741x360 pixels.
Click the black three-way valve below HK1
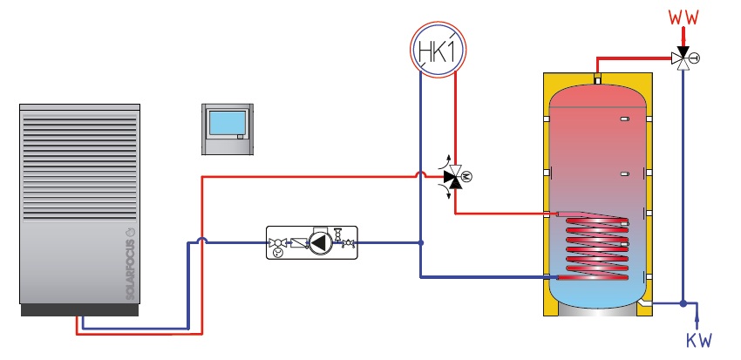tap(452, 178)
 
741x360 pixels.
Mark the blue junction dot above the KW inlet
tap(684, 304)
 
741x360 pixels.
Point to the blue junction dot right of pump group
tap(421, 242)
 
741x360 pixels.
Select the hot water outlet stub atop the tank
tap(597, 80)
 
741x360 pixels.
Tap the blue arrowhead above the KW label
tap(684, 323)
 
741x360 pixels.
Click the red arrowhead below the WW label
tap(684, 34)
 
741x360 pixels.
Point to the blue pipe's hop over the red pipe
tap(202, 242)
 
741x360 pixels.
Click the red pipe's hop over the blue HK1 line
tap(421, 177)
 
